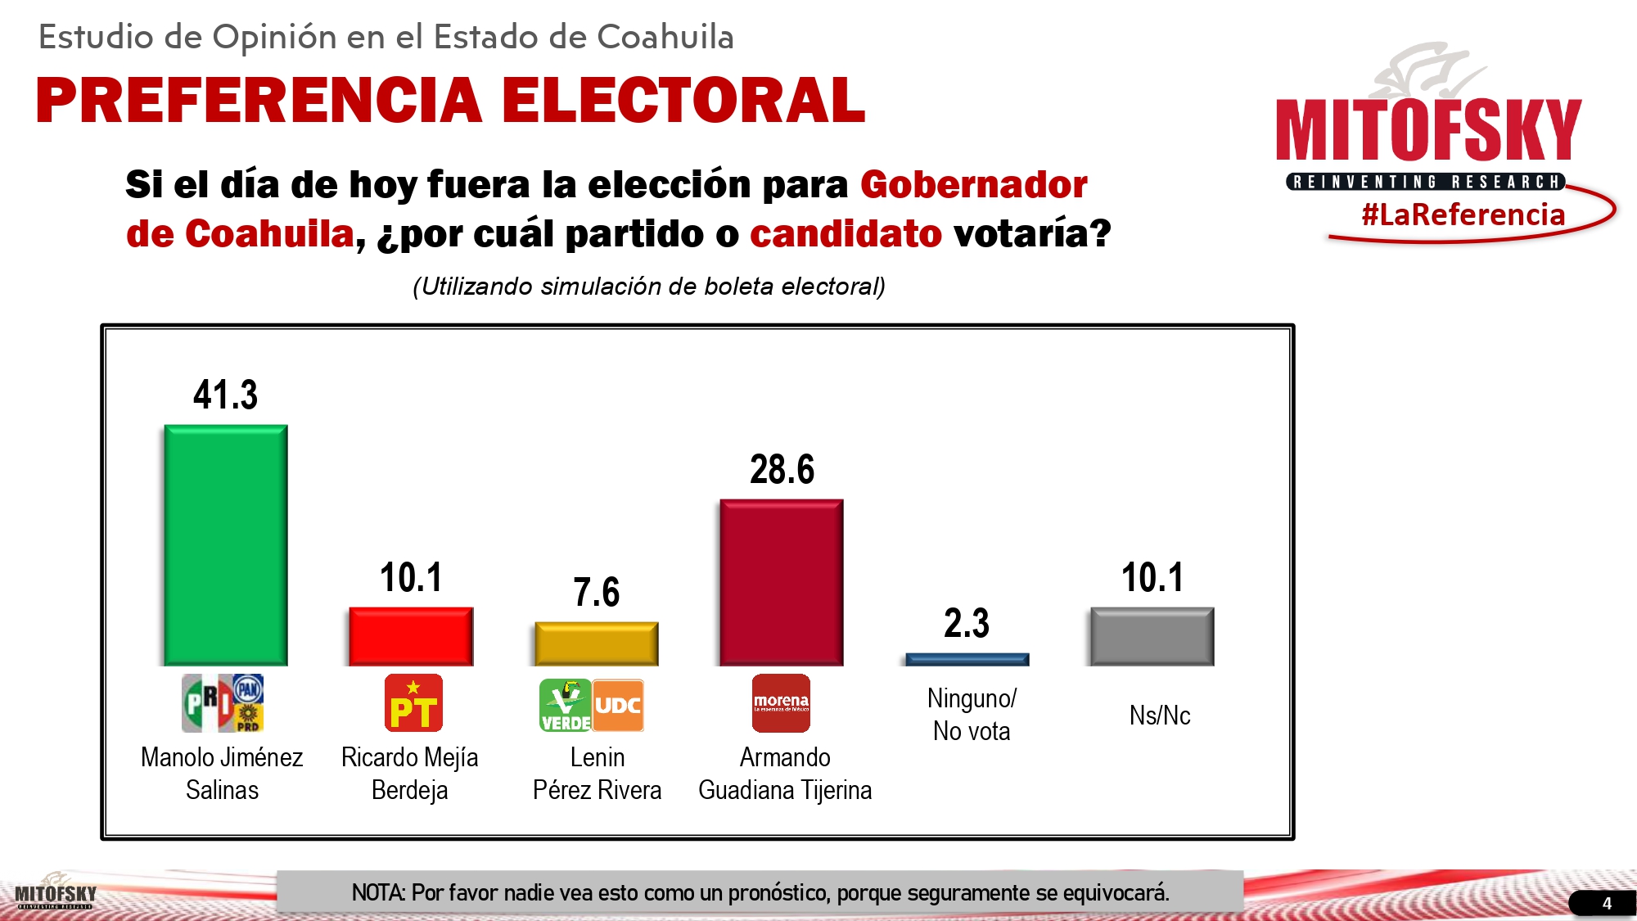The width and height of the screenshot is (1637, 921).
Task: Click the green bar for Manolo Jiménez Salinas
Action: click(x=226, y=544)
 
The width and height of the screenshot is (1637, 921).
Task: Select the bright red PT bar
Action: click(x=411, y=636)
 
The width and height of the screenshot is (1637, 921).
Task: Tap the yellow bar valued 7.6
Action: click(x=597, y=643)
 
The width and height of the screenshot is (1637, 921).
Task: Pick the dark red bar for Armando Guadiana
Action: click(x=782, y=582)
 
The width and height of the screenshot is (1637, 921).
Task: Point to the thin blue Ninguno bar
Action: click(x=967, y=659)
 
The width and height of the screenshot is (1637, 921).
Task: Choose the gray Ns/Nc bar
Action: click(x=1152, y=636)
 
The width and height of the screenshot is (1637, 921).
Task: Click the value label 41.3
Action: click(x=226, y=395)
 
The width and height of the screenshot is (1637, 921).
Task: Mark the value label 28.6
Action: click(x=782, y=469)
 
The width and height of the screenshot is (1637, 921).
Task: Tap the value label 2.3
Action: click(x=967, y=623)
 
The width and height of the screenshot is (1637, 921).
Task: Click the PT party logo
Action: click(x=413, y=703)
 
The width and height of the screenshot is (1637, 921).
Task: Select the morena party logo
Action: click(x=781, y=703)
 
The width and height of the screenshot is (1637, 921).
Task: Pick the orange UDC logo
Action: click(x=618, y=705)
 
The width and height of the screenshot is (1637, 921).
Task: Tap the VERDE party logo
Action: click(x=565, y=705)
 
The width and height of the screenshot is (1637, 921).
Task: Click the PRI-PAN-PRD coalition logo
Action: click(x=223, y=703)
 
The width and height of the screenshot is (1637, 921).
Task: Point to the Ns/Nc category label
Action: click(x=1160, y=716)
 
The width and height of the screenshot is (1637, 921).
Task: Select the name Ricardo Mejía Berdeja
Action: click(x=409, y=773)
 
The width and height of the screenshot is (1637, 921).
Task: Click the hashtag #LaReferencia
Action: click(x=1463, y=214)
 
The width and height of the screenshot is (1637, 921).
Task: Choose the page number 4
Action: click(x=1607, y=903)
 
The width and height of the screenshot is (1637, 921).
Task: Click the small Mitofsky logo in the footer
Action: click(x=56, y=893)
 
